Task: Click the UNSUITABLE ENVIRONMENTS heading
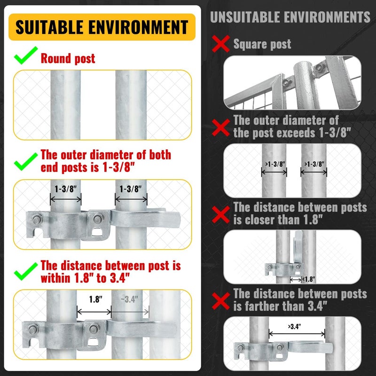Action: (290, 17)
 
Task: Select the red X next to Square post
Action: (220, 45)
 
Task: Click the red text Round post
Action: (68, 59)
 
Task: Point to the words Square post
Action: (262, 45)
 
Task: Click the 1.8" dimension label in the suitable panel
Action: (96, 298)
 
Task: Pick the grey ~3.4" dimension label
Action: (130, 298)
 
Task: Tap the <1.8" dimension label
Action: (309, 279)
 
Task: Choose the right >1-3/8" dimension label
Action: (314, 164)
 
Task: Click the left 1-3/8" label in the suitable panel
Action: (65, 188)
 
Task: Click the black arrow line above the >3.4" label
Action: (297, 334)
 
